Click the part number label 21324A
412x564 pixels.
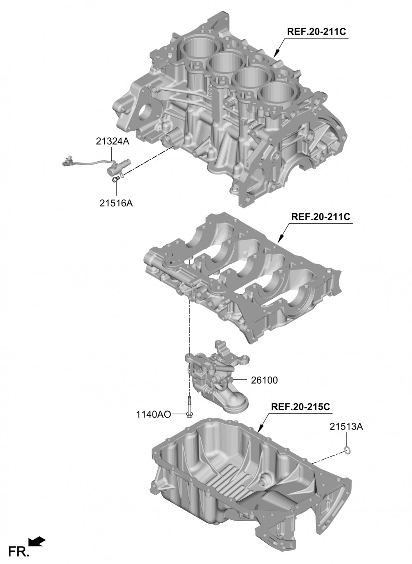tap(112, 142)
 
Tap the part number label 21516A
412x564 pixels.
tap(116, 203)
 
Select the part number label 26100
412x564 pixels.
tap(264, 380)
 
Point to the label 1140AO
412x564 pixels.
tap(153, 414)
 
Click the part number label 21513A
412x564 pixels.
tap(346, 427)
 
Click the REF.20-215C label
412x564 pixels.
tap(300, 406)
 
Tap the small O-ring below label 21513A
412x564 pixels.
tap(347, 450)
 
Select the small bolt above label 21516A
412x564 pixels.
tap(116, 179)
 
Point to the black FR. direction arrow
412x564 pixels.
tap(37, 542)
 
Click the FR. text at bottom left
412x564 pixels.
tap(19, 551)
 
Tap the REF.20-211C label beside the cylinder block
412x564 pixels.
tap(316, 31)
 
